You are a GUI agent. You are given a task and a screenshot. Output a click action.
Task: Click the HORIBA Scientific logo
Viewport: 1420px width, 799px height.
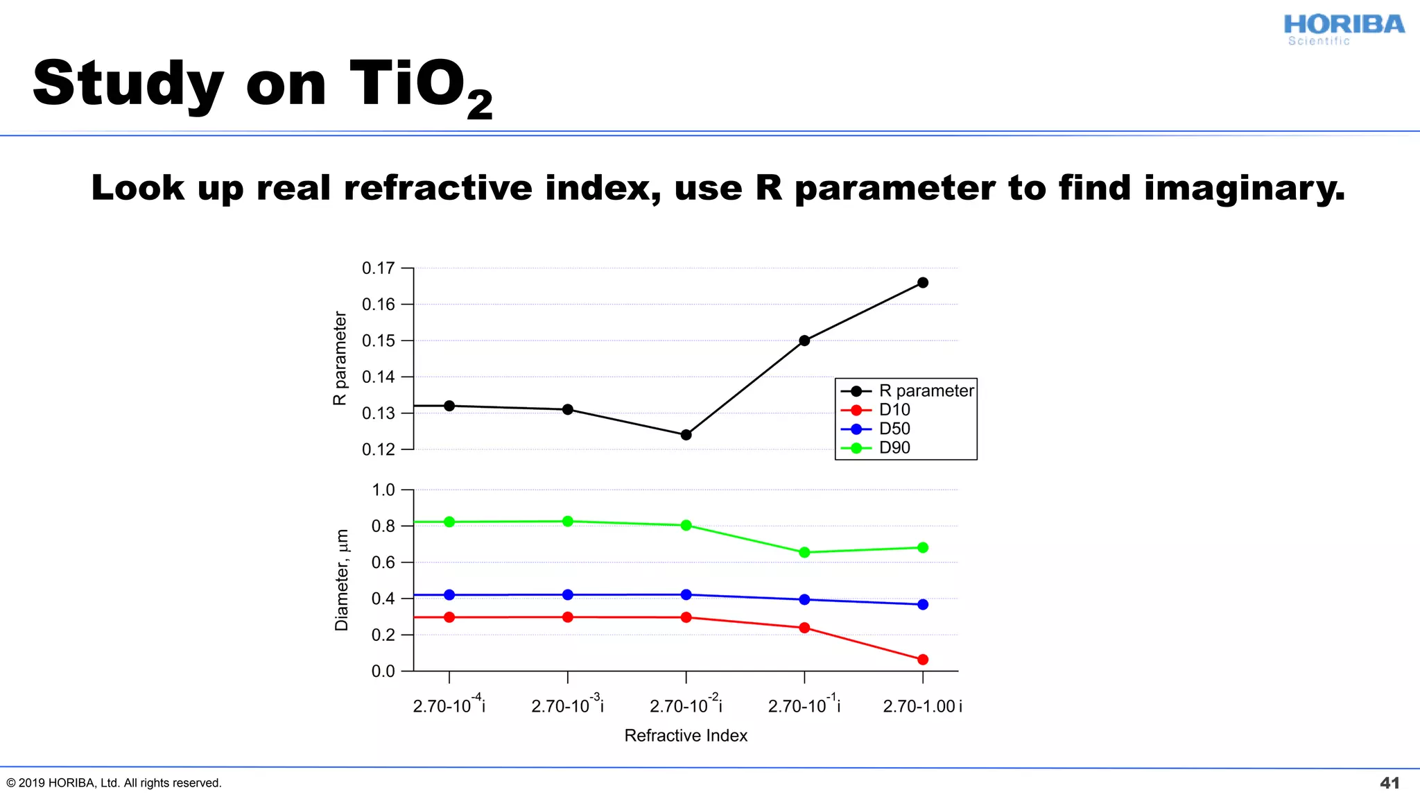[x=1343, y=30]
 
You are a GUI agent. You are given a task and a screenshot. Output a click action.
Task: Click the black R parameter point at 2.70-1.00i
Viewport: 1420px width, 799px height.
[x=922, y=282]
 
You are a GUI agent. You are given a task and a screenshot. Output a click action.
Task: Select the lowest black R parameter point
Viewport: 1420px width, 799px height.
[x=686, y=435]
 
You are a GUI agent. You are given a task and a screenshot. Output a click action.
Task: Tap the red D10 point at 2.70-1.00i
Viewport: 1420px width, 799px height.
[x=922, y=660]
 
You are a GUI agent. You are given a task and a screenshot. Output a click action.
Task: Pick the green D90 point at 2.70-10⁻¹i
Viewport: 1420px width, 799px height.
[x=804, y=553]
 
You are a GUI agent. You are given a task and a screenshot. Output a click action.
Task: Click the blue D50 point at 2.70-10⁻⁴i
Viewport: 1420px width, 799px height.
[x=449, y=594]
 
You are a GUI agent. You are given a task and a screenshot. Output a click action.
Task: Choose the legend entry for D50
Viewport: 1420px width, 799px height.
[x=894, y=429]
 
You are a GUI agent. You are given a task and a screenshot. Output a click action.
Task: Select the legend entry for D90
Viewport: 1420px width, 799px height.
[x=894, y=448]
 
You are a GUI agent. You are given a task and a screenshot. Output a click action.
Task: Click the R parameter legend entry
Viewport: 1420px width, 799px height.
[x=926, y=391]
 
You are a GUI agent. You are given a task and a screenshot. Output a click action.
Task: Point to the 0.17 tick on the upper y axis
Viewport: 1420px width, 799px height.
[x=379, y=268]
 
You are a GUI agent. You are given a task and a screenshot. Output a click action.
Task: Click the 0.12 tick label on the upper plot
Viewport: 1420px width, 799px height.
[x=379, y=449]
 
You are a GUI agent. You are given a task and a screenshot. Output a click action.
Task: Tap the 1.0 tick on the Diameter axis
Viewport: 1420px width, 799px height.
[x=383, y=490]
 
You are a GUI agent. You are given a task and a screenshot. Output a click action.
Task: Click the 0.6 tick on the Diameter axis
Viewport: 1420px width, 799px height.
[x=383, y=562]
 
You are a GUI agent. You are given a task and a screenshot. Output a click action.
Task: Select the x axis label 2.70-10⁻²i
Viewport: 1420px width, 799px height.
[x=686, y=705]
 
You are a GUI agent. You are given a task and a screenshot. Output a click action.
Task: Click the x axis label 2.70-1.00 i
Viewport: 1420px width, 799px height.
[x=922, y=706]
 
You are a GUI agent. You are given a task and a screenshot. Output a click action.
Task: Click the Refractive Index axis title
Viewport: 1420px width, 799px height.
[x=686, y=735]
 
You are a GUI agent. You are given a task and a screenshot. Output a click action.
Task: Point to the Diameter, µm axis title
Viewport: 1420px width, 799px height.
[x=341, y=580]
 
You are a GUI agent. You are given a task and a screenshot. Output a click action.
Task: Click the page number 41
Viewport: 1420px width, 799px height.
[x=1389, y=783]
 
